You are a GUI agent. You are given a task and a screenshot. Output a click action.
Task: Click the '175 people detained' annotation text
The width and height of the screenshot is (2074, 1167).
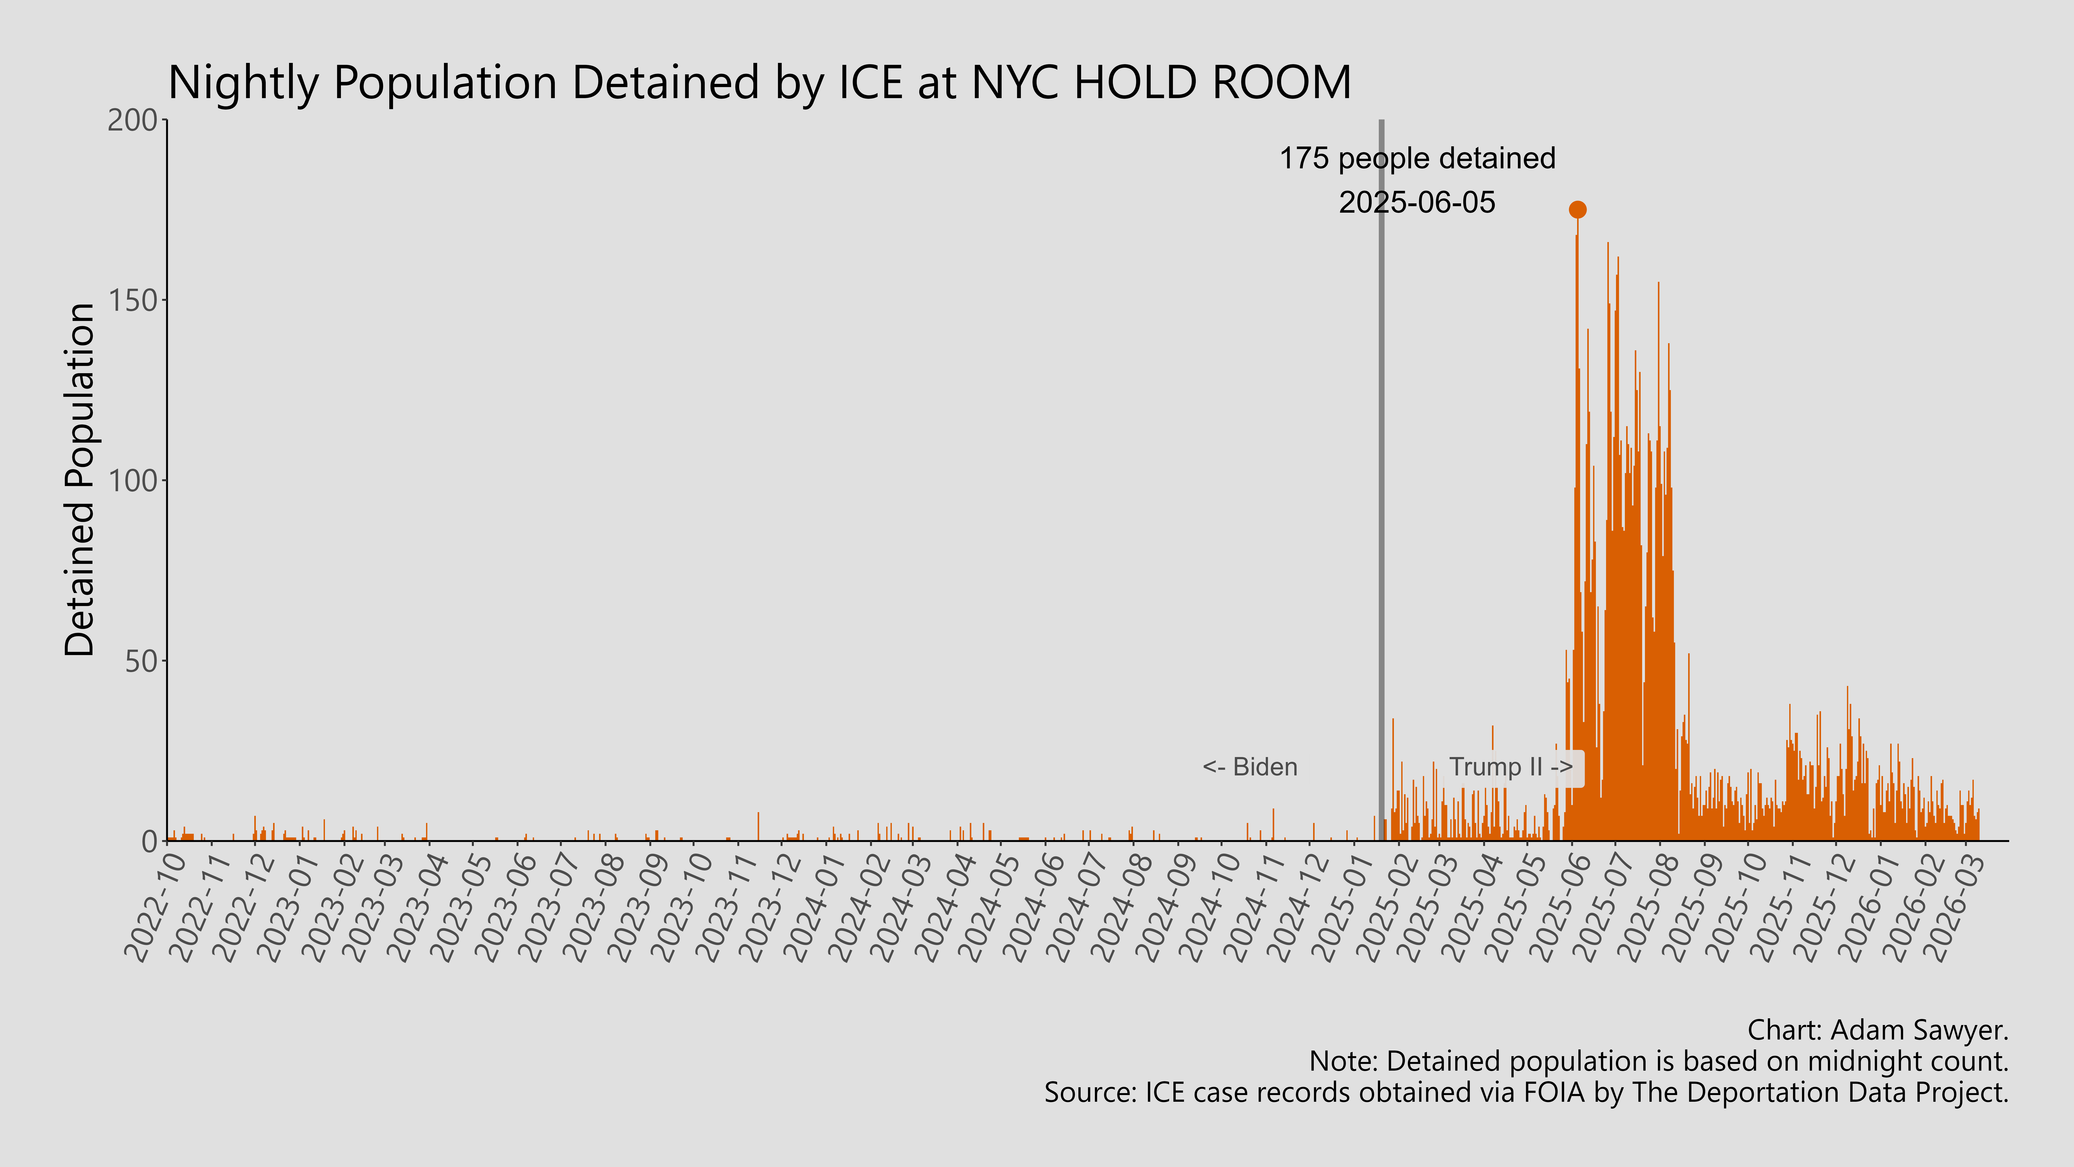(1417, 159)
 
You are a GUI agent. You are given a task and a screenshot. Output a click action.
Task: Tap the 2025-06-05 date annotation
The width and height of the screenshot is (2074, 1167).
(1417, 202)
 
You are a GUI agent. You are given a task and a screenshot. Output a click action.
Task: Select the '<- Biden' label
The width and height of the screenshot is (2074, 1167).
(1250, 767)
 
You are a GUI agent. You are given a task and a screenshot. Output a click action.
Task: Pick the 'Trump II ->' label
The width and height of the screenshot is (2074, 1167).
(1510, 767)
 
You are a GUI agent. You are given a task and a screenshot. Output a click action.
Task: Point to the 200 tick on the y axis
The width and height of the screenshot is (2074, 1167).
(133, 120)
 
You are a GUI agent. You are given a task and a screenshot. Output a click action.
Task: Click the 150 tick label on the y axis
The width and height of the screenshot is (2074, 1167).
(133, 300)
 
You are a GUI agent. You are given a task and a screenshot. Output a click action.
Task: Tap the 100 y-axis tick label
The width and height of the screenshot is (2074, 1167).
(133, 481)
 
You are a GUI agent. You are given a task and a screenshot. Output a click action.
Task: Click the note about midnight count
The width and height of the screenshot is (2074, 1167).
(1659, 1062)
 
